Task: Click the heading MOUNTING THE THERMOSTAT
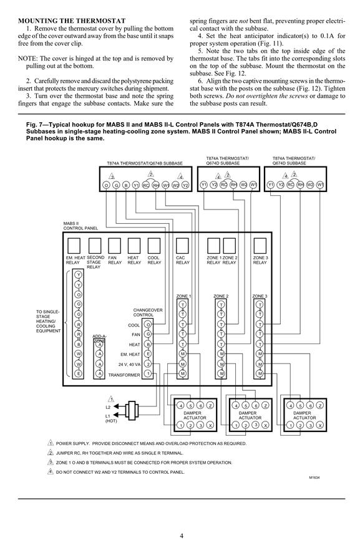coord(72,21)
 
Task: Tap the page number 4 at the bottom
coord(182,536)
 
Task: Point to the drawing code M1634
coord(314,478)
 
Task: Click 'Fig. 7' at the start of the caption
coord(34,125)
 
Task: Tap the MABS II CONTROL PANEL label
coord(80,226)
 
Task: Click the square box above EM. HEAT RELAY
coord(74,246)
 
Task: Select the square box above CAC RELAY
coord(182,246)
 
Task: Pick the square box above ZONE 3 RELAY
coord(260,246)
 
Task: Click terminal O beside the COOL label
coord(148,324)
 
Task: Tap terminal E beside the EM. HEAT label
coord(148,354)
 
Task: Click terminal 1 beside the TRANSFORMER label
coord(148,373)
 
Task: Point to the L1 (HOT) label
coord(111,418)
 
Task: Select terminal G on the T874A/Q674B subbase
coord(116,185)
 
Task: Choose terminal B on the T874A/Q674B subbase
coord(126,185)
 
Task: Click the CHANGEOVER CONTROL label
coord(148,312)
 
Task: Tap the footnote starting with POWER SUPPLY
coord(151,443)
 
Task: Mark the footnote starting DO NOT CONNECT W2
coord(120,472)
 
